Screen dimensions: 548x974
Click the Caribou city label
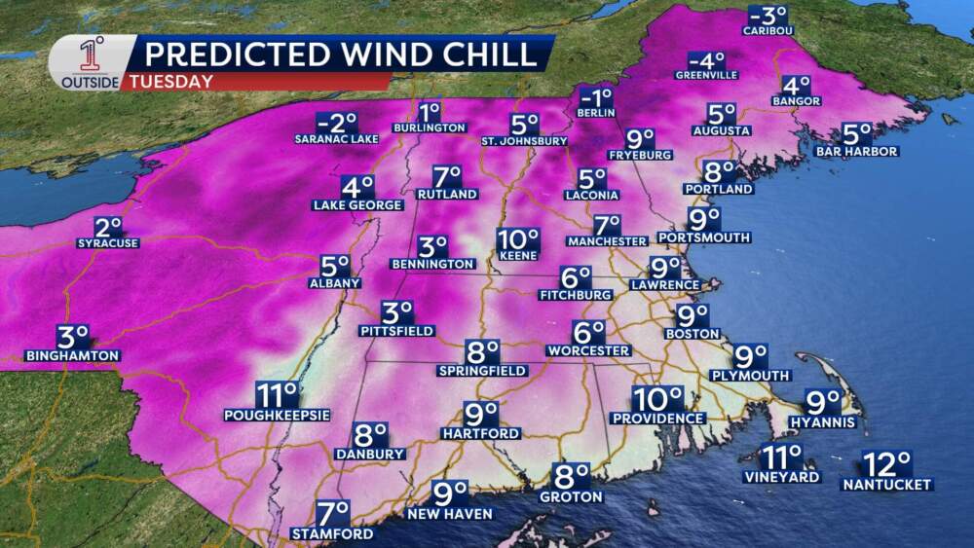768,31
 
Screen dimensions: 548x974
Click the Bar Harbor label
857,151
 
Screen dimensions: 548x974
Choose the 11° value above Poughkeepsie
276,395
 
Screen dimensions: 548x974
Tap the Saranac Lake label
336,139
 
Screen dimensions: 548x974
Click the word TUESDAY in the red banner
179,82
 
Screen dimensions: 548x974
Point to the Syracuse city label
108,243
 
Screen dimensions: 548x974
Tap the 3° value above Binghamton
73,337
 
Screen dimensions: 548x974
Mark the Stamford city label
331,533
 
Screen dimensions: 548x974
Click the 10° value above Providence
658,399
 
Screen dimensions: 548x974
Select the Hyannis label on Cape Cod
823,421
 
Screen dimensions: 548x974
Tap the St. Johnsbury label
524,141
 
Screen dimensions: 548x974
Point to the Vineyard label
782,477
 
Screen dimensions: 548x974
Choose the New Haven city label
450,513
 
